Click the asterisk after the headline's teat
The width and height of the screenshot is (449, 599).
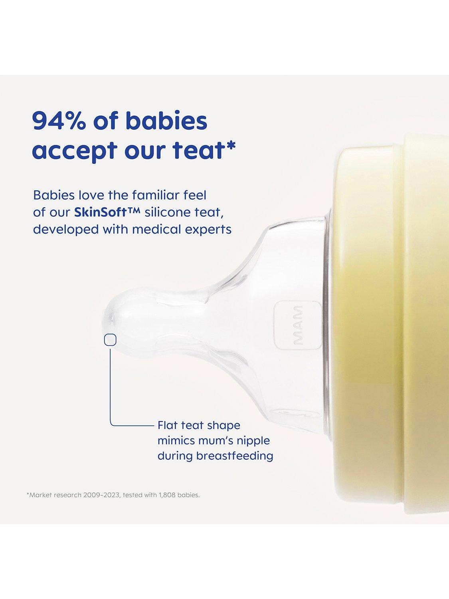click(231, 145)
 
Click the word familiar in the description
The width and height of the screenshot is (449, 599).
click(155, 195)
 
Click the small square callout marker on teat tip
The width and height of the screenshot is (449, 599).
click(110, 340)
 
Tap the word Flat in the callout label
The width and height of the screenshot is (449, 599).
click(168, 425)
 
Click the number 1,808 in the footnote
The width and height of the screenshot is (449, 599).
click(167, 495)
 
